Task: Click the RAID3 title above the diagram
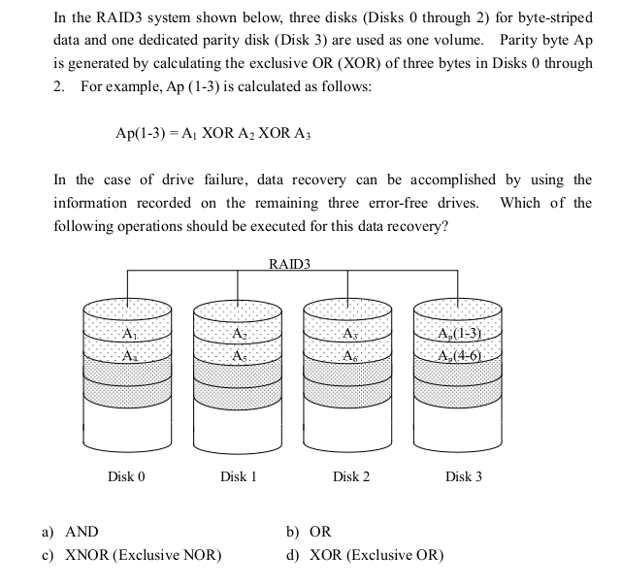(289, 264)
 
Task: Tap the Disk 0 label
(126, 476)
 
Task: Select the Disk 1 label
(239, 476)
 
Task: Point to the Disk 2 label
(351, 476)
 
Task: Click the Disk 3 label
(464, 476)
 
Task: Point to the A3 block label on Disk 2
(350, 334)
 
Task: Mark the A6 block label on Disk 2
(350, 356)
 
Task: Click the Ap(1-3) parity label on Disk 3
(459, 334)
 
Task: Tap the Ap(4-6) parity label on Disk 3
(459, 356)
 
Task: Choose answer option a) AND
(70, 532)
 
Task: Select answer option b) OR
(309, 532)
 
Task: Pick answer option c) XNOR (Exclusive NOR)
(132, 555)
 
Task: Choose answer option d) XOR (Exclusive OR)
(365, 555)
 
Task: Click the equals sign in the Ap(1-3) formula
(174, 134)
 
